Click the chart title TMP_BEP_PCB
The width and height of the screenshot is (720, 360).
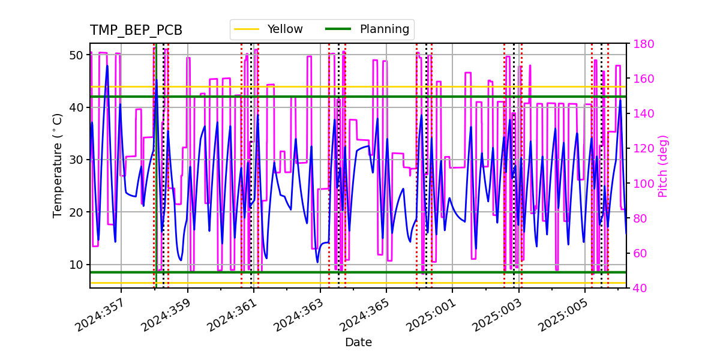[x=136, y=31]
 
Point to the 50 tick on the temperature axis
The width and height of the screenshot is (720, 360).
[x=76, y=55]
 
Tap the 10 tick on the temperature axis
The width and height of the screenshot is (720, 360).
[x=76, y=265]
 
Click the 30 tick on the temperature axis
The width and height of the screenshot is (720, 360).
[x=76, y=160]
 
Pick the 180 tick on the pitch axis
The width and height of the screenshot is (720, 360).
[x=642, y=44]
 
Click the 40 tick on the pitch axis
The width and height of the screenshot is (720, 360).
[x=639, y=288]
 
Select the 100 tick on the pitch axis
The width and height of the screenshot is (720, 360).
[x=642, y=184]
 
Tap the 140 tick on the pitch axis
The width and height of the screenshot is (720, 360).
[x=642, y=113]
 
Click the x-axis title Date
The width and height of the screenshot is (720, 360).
[x=358, y=343]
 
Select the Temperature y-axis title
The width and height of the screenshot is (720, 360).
[x=58, y=165]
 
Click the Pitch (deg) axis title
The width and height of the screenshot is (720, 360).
[x=663, y=166]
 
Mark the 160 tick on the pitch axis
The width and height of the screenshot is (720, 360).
[x=642, y=79]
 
